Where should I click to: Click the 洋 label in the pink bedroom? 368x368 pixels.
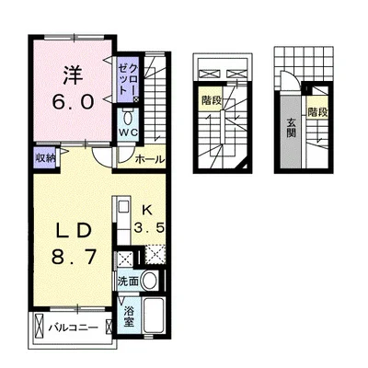click(x=74, y=75)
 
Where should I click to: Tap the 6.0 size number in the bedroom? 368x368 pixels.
click(x=73, y=102)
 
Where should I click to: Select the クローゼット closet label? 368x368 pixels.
click(x=128, y=79)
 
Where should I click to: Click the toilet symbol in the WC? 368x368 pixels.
click(x=128, y=117)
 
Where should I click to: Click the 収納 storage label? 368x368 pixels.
click(x=45, y=158)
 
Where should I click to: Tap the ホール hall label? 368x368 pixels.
click(x=150, y=159)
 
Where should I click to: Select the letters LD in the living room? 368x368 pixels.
click(x=74, y=232)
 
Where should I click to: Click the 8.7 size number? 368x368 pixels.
click(x=74, y=257)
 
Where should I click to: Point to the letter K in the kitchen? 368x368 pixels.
click(x=146, y=210)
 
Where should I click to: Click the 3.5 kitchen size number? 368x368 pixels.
click(x=149, y=228)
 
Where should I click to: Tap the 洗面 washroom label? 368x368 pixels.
click(x=129, y=282)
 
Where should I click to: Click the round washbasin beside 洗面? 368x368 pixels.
click(x=150, y=281)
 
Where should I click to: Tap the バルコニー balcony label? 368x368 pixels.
click(x=74, y=328)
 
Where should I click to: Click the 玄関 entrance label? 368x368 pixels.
click(x=291, y=127)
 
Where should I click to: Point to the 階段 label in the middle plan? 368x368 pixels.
click(x=212, y=100)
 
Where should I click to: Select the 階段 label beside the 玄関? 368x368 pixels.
click(x=317, y=112)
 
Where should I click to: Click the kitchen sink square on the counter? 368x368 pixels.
click(x=124, y=206)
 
